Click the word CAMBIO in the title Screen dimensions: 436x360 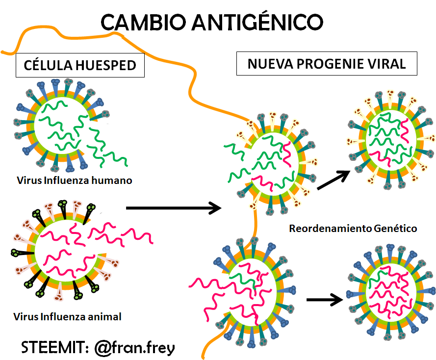click(143, 22)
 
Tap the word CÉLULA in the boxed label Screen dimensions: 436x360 click(48, 65)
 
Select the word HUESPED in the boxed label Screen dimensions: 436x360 click(105, 65)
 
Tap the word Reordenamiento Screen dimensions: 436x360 click(331, 229)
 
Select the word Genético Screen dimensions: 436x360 click(395, 229)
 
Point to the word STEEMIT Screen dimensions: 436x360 click(52, 347)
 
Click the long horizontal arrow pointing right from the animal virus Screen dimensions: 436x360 click(174, 208)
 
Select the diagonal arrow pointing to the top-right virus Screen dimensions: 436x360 click(333, 180)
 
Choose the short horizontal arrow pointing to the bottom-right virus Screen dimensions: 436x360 click(325, 300)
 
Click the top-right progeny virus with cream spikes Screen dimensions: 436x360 click(391, 140)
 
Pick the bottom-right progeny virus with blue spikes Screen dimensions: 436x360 click(391, 292)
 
